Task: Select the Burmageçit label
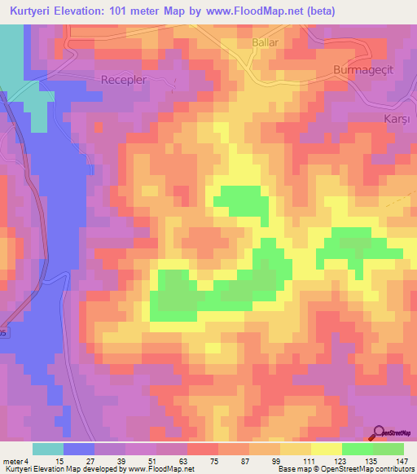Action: tap(364, 70)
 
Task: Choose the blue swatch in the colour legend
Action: tap(79, 449)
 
